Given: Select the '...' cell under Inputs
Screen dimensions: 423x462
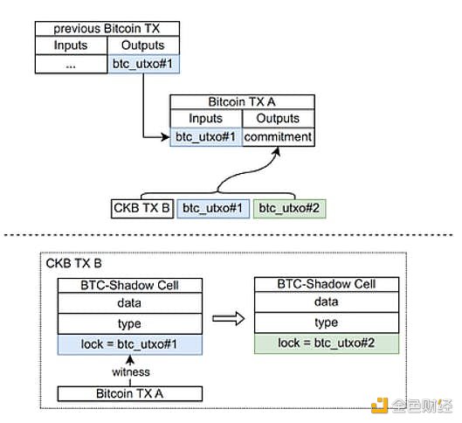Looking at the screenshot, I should click(x=70, y=63).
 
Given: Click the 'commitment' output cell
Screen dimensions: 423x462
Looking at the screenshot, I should click(x=278, y=136).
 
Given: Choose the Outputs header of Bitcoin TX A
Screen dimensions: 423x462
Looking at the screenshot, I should click(x=278, y=119).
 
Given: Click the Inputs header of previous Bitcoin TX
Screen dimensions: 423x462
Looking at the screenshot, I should click(x=70, y=45).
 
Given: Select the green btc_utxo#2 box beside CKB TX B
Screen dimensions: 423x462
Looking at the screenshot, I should click(x=286, y=208).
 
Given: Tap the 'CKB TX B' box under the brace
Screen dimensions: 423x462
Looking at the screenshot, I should click(x=141, y=208).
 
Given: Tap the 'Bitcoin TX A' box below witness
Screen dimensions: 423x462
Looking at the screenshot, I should click(x=130, y=394).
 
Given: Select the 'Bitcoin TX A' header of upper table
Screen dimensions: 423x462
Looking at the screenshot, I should click(x=241, y=101).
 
